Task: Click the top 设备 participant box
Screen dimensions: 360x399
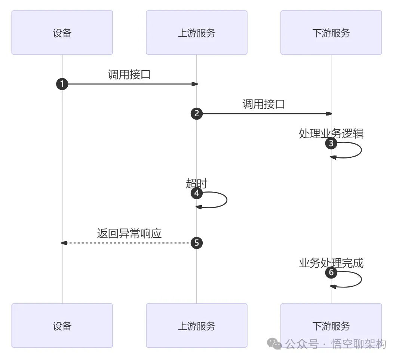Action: pyautogui.click(x=62, y=33)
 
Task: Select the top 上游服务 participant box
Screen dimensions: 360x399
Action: pyautogui.click(x=196, y=33)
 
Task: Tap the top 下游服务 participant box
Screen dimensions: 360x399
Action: pyautogui.click(x=331, y=33)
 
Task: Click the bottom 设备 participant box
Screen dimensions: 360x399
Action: pyautogui.click(x=62, y=326)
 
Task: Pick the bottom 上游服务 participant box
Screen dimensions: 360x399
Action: pyautogui.click(x=196, y=326)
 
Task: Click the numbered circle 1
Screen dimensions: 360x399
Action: pyautogui.click(x=62, y=84)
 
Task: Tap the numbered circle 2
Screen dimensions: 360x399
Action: pyautogui.click(x=196, y=114)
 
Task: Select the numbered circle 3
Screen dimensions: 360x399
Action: pyautogui.click(x=331, y=143)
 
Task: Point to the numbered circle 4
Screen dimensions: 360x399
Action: pyautogui.click(x=196, y=193)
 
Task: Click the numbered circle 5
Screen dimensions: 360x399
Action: pyautogui.click(x=196, y=243)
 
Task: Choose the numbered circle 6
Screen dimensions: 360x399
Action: pyautogui.click(x=331, y=273)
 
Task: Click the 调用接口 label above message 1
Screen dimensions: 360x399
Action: pyautogui.click(x=129, y=74)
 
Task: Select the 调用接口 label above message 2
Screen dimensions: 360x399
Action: pyautogui.click(x=264, y=104)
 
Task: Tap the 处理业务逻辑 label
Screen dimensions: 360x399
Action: pyautogui.click(x=331, y=133)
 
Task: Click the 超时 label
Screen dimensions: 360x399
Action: pyautogui.click(x=196, y=183)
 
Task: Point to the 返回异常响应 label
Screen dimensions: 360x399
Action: pyautogui.click(x=129, y=233)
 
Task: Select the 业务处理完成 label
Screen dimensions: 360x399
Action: pyautogui.click(x=331, y=263)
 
